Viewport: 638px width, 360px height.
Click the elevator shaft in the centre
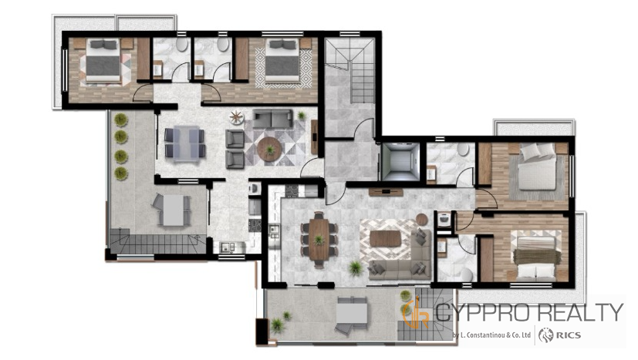coord(400,161)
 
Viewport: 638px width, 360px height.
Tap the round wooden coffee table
coord(269,150)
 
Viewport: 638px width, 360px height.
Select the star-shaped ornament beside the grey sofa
coord(236,117)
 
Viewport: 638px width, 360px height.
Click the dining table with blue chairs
coord(184,143)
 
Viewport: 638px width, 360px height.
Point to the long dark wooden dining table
coord(319,240)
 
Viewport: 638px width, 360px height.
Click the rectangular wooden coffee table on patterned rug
coord(385,239)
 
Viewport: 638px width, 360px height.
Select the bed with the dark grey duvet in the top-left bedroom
coord(103,60)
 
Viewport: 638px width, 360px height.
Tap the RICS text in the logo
coord(568,335)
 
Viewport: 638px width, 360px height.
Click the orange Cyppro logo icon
coord(415,313)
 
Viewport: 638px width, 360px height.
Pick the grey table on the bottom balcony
coord(352,313)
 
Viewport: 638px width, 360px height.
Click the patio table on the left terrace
coord(174,210)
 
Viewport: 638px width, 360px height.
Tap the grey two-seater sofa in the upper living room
coord(272,119)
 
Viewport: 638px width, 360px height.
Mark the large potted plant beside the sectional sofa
coord(355,267)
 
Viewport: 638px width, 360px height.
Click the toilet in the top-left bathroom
coord(181,45)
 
